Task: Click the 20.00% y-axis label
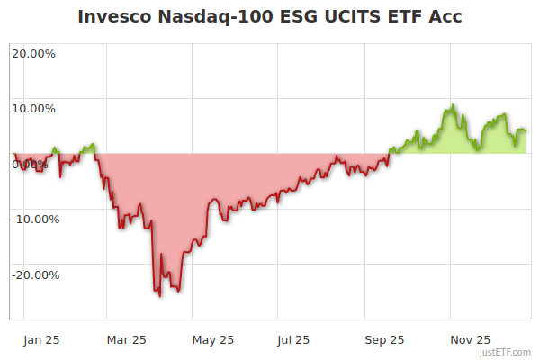[x=33, y=53]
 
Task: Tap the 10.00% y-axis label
[x=33, y=109]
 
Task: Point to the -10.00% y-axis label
[x=35, y=220]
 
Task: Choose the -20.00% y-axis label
[x=35, y=275]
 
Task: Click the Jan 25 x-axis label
[x=42, y=340]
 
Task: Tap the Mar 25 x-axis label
[x=127, y=340]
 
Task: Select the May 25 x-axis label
[x=213, y=340]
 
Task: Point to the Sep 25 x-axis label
[x=384, y=340]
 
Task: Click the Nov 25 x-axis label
[x=470, y=340]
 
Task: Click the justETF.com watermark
[x=509, y=352]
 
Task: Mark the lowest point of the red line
[x=159, y=296]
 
